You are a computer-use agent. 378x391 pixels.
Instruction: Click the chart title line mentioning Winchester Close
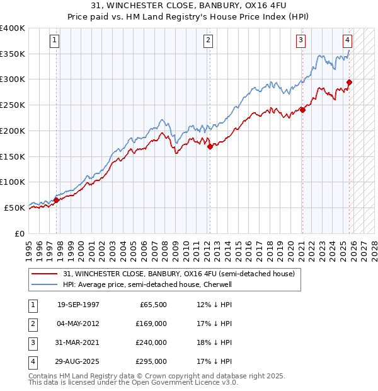[x=188, y=5]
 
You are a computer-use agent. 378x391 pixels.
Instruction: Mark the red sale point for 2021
[x=302, y=110]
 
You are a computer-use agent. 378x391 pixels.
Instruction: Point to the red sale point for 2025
[x=350, y=81]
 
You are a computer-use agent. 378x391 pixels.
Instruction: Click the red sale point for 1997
[x=56, y=200]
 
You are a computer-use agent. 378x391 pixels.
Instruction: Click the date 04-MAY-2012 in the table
[x=78, y=323]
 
